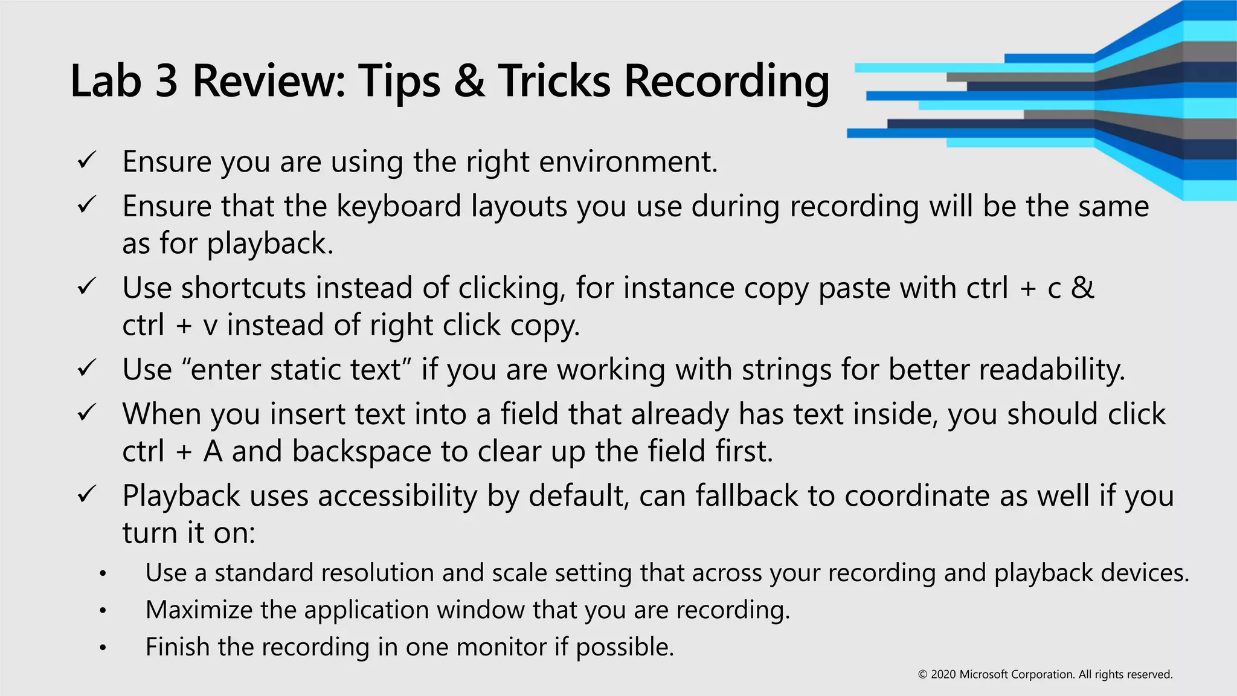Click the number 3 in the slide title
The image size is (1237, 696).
pyautogui.click(x=167, y=81)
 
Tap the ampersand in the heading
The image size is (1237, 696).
pyautogui.click(x=469, y=81)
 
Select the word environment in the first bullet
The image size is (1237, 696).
pyautogui.click(x=628, y=162)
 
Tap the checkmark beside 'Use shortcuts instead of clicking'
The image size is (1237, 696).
pyautogui.click(x=87, y=286)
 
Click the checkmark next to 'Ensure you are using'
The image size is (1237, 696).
pyautogui.click(x=87, y=160)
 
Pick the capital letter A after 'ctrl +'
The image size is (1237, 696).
pyautogui.click(x=213, y=452)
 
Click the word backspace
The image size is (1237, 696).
pyautogui.click(x=362, y=452)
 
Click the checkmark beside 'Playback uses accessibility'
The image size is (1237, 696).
pyautogui.click(x=87, y=495)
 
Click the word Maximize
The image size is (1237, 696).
pyautogui.click(x=199, y=610)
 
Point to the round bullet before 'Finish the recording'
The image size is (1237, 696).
pyautogui.click(x=103, y=648)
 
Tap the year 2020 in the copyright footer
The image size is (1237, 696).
pyautogui.click(x=943, y=675)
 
